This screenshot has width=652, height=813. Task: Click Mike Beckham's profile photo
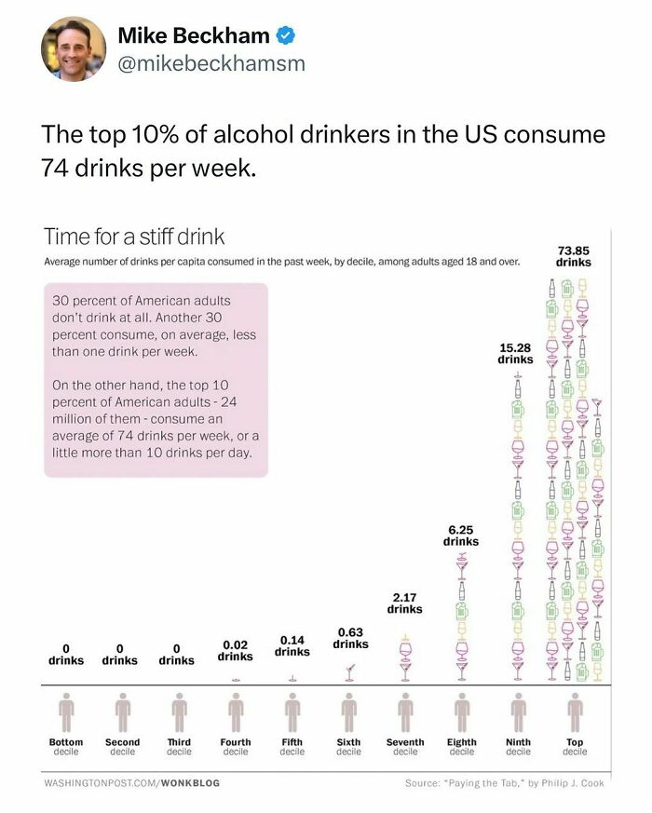(73, 47)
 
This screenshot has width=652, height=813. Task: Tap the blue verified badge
(288, 37)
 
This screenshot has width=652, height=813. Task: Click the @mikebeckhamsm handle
(211, 64)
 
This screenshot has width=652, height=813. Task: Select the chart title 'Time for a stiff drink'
(134, 237)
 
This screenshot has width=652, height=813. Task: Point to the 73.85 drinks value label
(573, 256)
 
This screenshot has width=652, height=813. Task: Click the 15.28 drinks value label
(515, 353)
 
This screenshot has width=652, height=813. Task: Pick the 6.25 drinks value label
(460, 535)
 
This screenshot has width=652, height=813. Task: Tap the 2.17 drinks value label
(404, 603)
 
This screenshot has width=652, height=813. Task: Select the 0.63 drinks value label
(350, 638)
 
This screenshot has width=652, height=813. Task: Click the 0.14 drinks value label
(292, 645)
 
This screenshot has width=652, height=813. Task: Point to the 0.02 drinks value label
(236, 650)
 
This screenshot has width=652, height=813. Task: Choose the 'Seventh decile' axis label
(405, 747)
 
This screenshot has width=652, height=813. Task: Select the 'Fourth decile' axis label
(236, 747)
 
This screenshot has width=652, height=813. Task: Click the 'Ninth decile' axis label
(518, 747)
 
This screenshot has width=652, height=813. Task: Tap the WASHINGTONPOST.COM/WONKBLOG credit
(132, 783)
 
